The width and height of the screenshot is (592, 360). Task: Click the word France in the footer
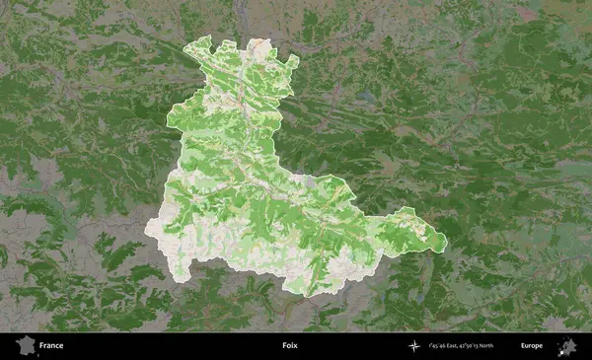click(x=51, y=346)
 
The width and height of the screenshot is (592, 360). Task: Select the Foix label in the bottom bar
click(x=289, y=346)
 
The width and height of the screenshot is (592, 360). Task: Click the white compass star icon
click(x=412, y=346)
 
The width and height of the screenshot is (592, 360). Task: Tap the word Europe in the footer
click(x=532, y=346)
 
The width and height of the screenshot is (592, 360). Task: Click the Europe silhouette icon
click(x=567, y=345)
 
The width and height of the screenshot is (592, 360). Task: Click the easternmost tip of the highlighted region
click(x=446, y=242)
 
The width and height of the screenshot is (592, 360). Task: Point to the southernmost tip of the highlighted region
click(x=309, y=295)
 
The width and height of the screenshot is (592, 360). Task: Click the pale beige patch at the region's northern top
click(x=259, y=45)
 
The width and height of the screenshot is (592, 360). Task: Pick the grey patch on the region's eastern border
click(x=312, y=182)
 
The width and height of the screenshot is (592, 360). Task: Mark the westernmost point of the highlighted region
click(x=146, y=229)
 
